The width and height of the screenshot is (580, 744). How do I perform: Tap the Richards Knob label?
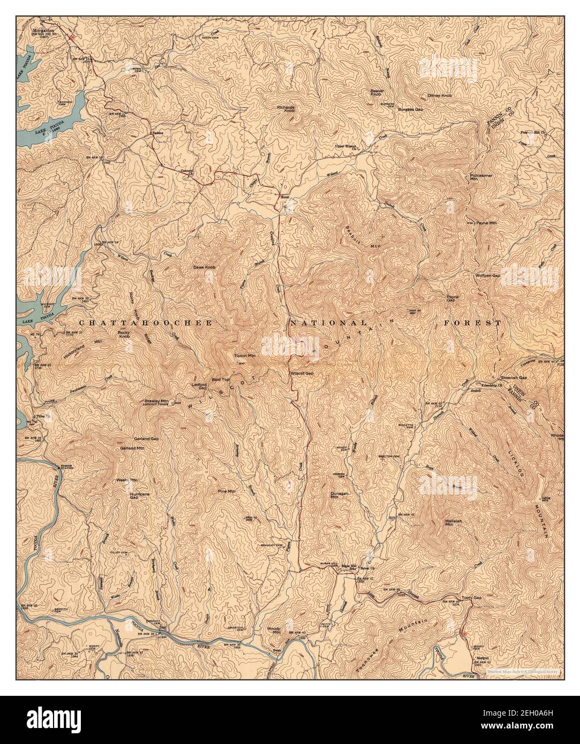pyautogui.click(x=287, y=109)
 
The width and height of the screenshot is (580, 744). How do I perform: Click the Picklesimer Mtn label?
pyautogui.click(x=481, y=177)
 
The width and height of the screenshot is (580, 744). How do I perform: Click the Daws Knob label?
pyautogui.click(x=205, y=267)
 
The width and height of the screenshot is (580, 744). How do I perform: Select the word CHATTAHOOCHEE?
pyautogui.click(x=146, y=323)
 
